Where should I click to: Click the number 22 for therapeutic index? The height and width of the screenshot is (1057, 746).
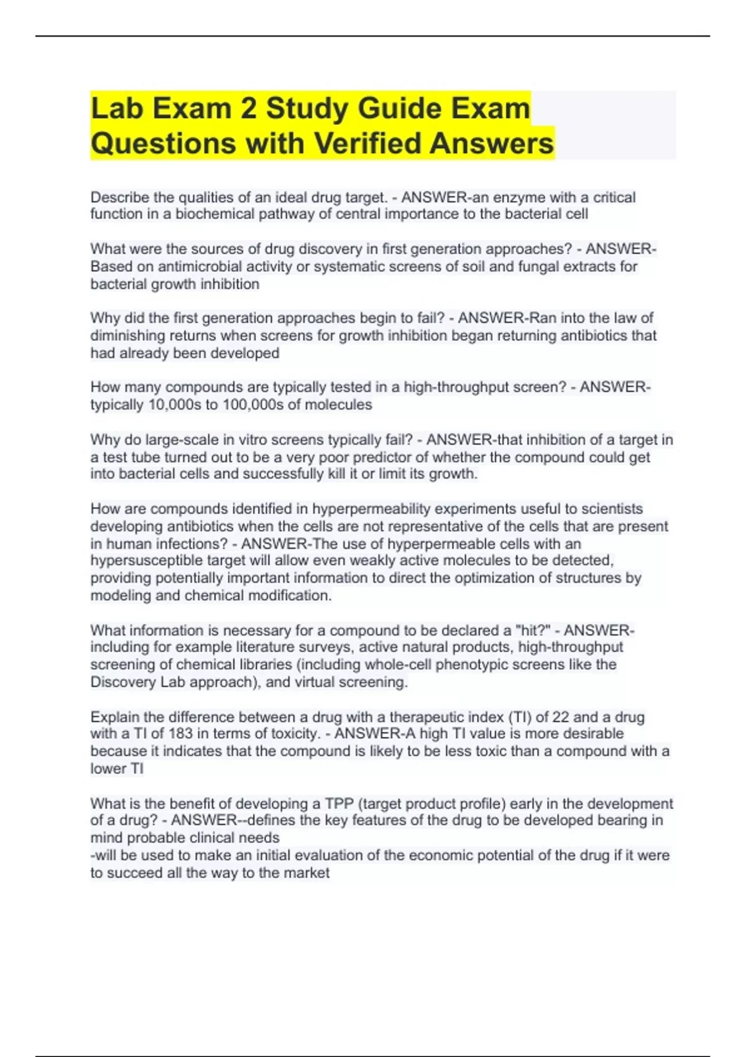tap(560, 717)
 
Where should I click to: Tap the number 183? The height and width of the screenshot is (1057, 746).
tap(180, 734)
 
